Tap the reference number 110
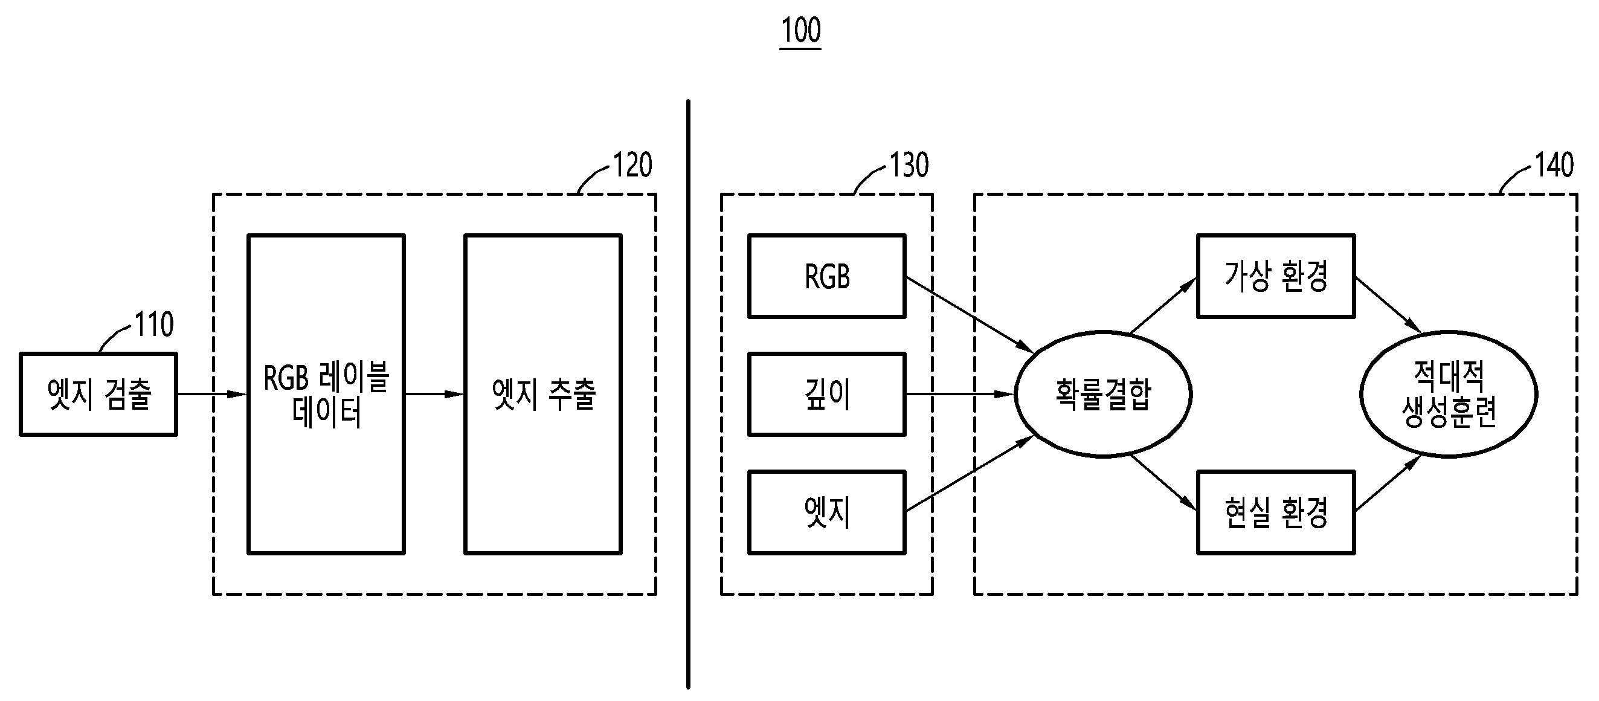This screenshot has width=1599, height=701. click(x=154, y=325)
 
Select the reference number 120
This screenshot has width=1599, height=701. click(x=632, y=165)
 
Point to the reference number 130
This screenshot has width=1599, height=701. click(x=909, y=165)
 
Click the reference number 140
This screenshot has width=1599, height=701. click(x=1554, y=165)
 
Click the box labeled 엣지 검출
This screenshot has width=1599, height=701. click(x=98, y=394)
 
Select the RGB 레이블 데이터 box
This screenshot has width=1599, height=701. click(x=326, y=394)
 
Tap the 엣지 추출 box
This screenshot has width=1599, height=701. click(x=543, y=394)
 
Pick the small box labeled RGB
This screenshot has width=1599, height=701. click(x=827, y=276)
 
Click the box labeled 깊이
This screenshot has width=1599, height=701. click(x=827, y=394)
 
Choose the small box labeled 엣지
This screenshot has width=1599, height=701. click(x=827, y=512)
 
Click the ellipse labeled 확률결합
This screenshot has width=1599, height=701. click(x=1103, y=394)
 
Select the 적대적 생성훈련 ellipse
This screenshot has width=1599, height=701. click(x=1449, y=394)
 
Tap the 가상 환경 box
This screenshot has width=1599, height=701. click(x=1276, y=276)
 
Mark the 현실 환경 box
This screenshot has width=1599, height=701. click(x=1276, y=512)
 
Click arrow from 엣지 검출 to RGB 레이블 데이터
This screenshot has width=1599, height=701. click(x=211, y=394)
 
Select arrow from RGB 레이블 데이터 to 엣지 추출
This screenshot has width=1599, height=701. click(x=434, y=394)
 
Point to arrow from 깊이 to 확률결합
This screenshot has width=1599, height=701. click(x=959, y=394)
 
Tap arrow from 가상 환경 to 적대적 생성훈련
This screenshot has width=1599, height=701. click(x=1388, y=305)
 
